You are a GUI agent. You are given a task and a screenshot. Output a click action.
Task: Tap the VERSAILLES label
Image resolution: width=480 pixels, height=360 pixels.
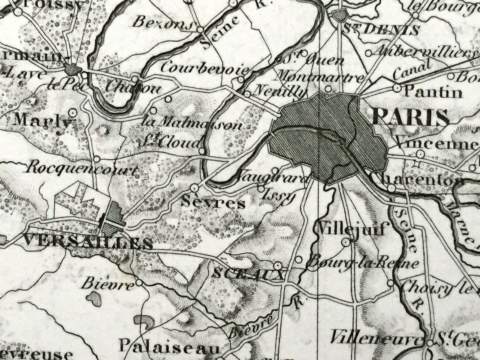tap(88, 242)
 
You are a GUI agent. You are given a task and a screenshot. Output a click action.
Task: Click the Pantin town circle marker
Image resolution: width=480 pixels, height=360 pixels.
tap(397, 88)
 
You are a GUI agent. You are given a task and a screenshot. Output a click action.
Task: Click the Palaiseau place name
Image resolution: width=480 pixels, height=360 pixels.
tap(169, 346)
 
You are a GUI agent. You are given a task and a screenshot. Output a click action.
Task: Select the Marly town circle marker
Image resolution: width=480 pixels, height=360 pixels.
tap(72, 112)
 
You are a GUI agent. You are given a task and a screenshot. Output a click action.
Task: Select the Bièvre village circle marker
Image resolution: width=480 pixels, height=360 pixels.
tap(139, 283)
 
